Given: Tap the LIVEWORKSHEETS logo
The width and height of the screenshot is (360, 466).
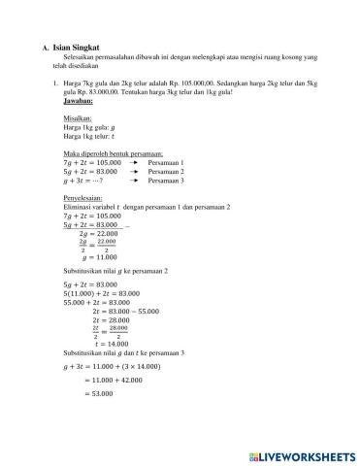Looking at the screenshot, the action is [304, 454].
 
